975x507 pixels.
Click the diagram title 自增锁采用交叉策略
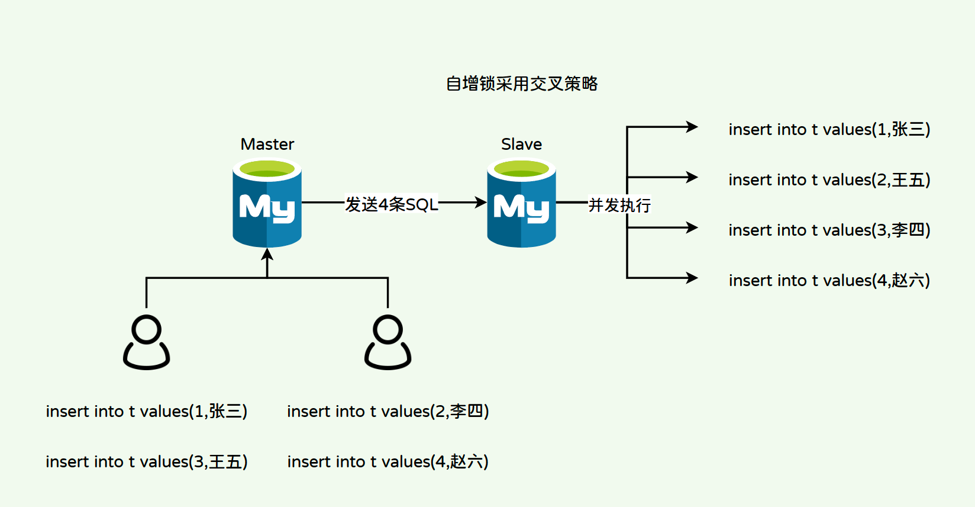(522, 84)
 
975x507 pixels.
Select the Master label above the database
(267, 144)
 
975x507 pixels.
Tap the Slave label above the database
(521, 144)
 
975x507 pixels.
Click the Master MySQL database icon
(267, 203)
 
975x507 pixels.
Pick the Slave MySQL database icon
(521, 203)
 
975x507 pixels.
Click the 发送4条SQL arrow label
(392, 204)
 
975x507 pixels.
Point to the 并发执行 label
(619, 205)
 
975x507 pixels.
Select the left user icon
(146, 342)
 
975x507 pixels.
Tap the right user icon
(388, 342)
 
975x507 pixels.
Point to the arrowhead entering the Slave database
(481, 203)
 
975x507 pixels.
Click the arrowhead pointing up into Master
(267, 254)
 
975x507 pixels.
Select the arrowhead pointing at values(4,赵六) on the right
(692, 278)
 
